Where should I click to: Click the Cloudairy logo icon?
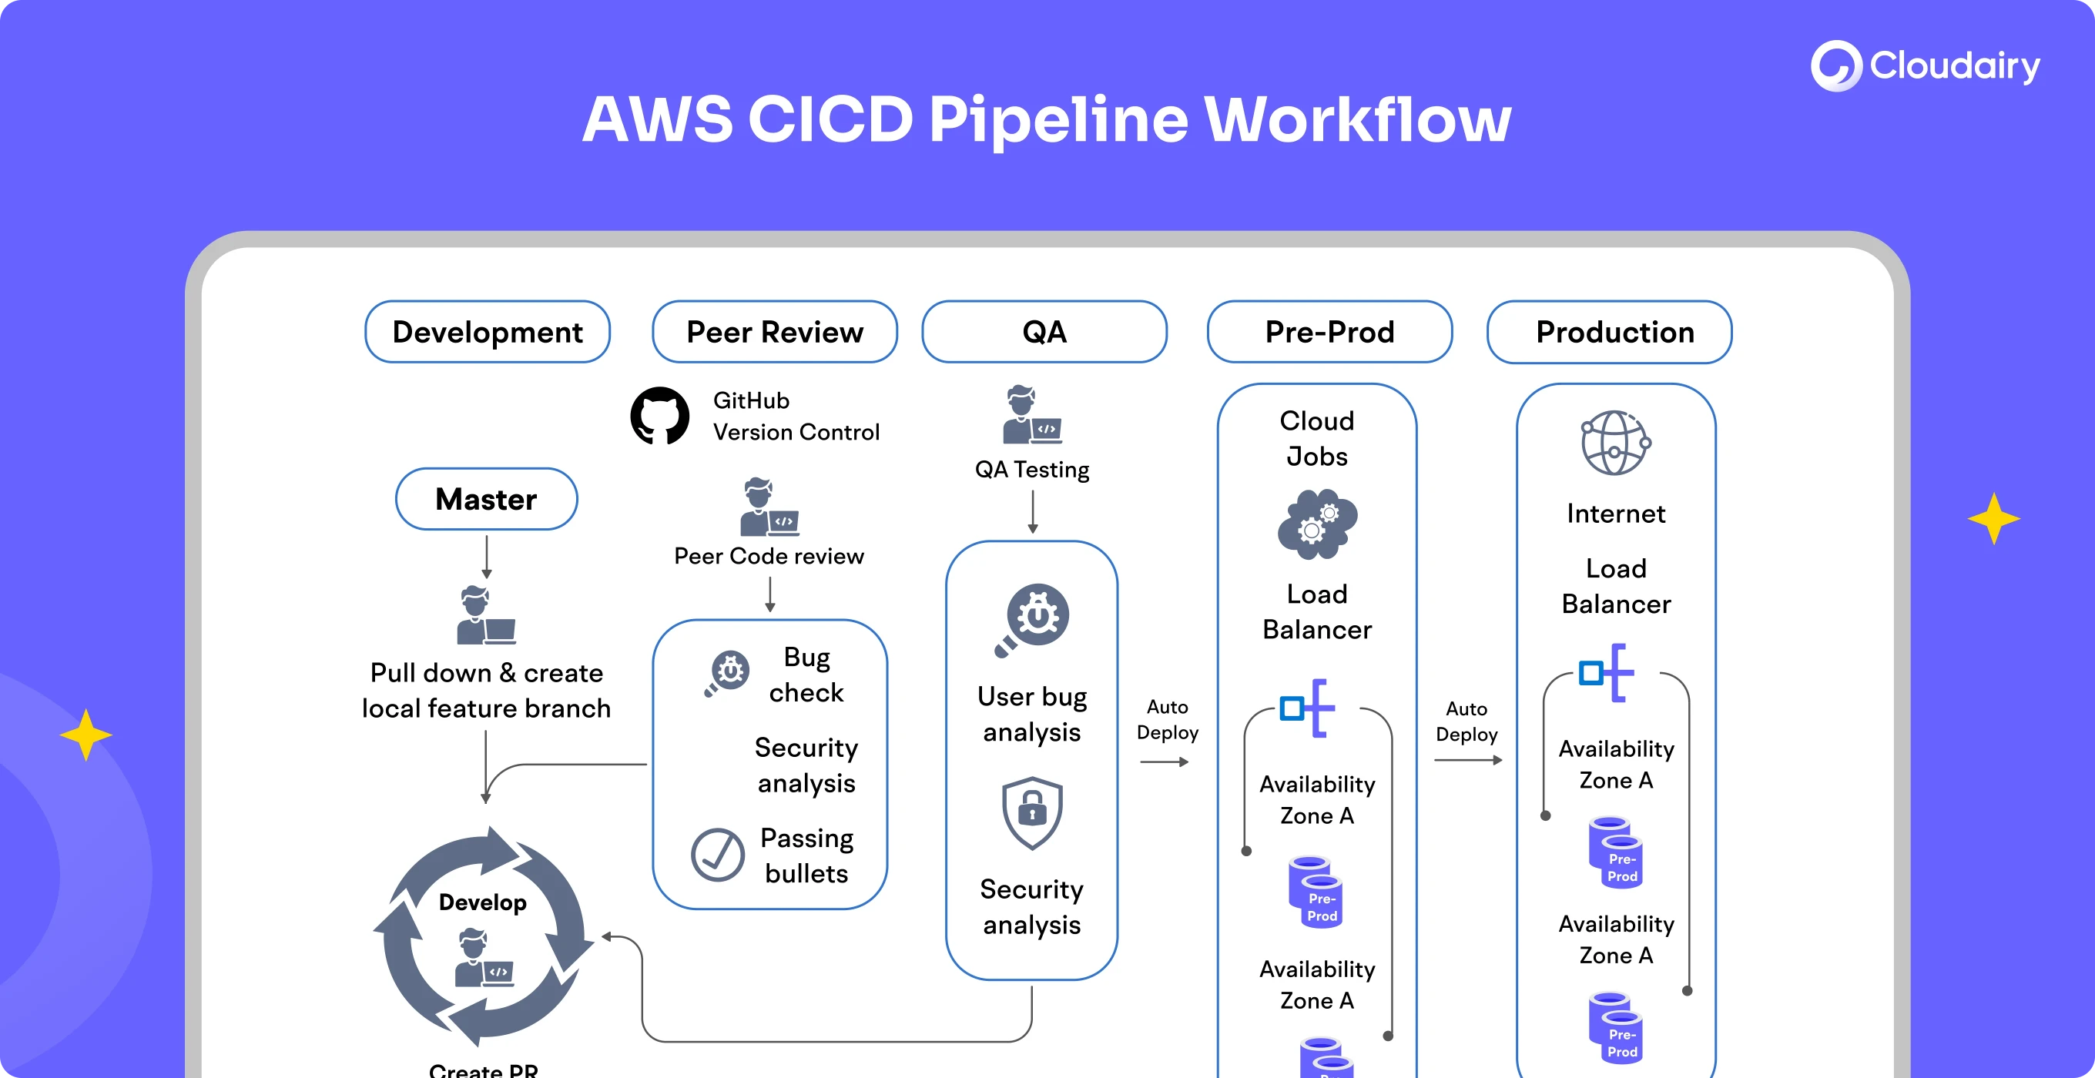(x=1835, y=66)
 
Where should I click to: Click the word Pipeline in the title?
(x=1058, y=120)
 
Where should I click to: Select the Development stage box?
(x=487, y=332)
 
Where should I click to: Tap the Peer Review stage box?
(x=774, y=332)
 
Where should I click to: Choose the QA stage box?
(x=1044, y=332)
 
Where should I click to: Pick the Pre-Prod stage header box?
(x=1329, y=332)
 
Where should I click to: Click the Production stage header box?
(x=1610, y=332)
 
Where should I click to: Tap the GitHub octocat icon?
(x=659, y=416)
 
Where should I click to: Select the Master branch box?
(x=486, y=499)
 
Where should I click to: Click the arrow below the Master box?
(x=486, y=557)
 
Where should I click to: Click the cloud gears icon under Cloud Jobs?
(x=1317, y=524)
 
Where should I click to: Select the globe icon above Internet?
(x=1615, y=443)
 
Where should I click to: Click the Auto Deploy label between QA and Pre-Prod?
(x=1167, y=719)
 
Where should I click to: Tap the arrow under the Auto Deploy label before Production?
(x=1468, y=760)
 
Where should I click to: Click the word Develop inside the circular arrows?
(x=482, y=902)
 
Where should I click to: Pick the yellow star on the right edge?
(x=1993, y=518)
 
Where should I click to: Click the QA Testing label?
(x=1032, y=469)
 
